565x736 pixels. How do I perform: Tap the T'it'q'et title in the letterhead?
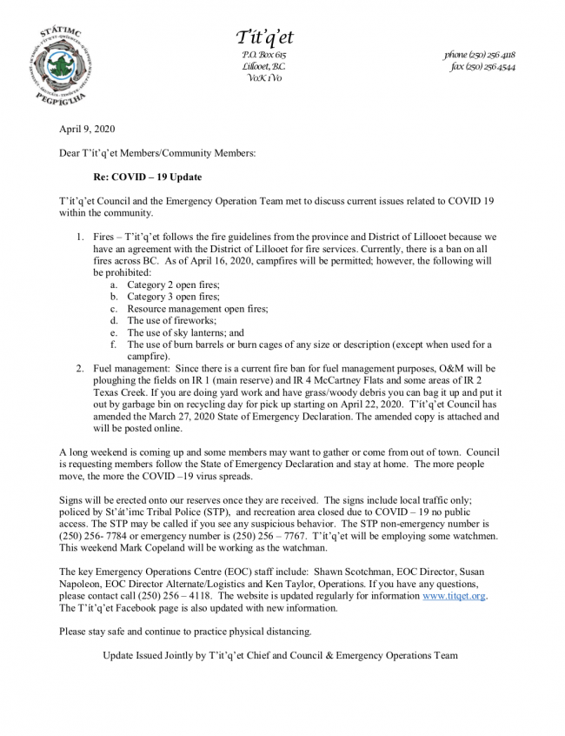[x=264, y=37]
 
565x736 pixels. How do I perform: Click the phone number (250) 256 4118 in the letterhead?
[x=480, y=55]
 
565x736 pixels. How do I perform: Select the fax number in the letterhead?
[x=482, y=67]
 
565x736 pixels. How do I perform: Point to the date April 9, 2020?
[x=81, y=130]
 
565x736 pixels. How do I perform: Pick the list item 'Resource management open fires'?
[x=197, y=308]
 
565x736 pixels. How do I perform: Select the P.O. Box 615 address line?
[x=264, y=55]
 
